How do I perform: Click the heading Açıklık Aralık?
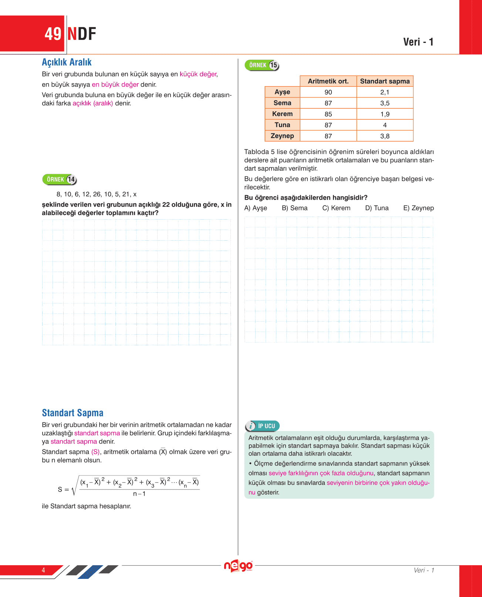(67, 62)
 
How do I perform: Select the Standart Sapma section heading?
(73, 413)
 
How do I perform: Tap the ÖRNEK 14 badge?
(60, 179)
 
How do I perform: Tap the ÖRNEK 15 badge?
(262, 65)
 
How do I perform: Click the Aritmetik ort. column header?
(328, 81)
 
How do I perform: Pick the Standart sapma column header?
(385, 81)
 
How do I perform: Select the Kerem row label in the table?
(282, 114)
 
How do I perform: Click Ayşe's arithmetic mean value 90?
(328, 92)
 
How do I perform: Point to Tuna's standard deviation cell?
(385, 125)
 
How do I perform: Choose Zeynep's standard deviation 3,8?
(385, 136)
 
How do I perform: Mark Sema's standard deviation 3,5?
(385, 103)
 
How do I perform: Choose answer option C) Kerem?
(336, 208)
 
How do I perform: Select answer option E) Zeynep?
(418, 208)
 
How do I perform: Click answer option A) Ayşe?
(256, 208)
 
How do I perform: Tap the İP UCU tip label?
(263, 426)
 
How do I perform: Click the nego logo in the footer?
(239, 566)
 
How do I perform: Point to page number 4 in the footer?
(43, 570)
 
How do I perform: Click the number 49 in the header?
(53, 34)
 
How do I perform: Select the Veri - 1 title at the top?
(418, 42)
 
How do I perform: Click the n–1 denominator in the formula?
(139, 494)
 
